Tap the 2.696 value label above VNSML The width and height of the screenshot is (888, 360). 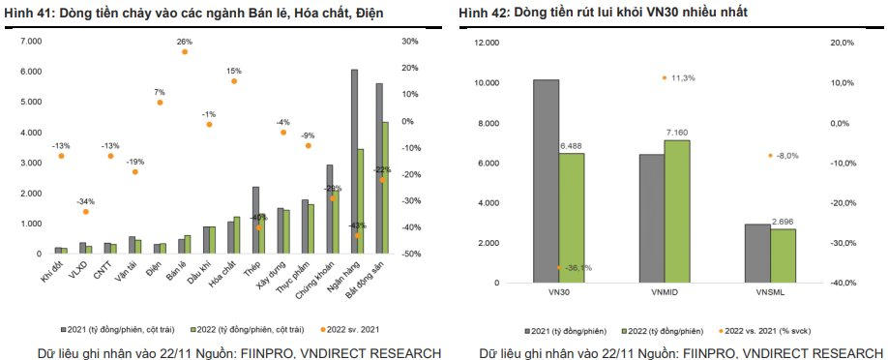pyautogui.click(x=784, y=222)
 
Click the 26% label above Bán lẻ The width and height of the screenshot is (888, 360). pyautogui.click(x=185, y=42)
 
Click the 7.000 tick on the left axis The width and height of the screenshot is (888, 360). pyautogui.click(x=32, y=42)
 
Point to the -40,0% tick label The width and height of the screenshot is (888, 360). pyautogui.click(x=843, y=283)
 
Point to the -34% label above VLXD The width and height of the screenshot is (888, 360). pyautogui.click(x=85, y=201)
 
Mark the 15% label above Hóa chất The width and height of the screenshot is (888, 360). pyautogui.click(x=234, y=71)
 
